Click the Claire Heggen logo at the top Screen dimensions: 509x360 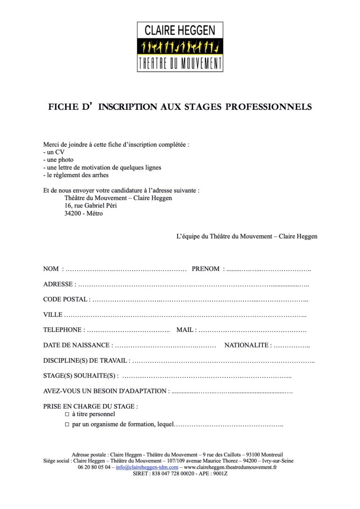click(x=180, y=47)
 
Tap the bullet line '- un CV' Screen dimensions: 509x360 click(x=53, y=152)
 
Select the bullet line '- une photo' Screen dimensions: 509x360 click(x=58, y=160)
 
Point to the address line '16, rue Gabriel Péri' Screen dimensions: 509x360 click(x=91, y=206)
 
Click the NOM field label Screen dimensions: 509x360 click(x=51, y=269)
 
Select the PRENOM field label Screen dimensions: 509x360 click(x=205, y=269)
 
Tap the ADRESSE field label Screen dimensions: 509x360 click(x=58, y=284)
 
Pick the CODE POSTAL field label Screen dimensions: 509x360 click(x=65, y=299)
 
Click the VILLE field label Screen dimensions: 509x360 click(x=52, y=315)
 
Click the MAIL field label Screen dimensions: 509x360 click(x=185, y=330)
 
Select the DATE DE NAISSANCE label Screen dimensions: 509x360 click(x=76, y=345)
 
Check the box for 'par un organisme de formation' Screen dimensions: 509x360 click(x=67, y=425)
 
